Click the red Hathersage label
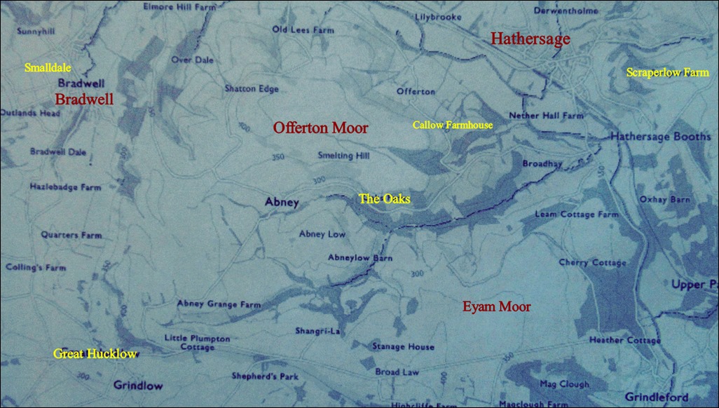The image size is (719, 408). click(x=530, y=39)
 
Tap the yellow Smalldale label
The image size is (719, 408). click(x=48, y=68)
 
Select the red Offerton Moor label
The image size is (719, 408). click(x=320, y=128)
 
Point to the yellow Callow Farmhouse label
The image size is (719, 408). click(x=452, y=125)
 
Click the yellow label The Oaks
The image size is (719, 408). click(x=384, y=199)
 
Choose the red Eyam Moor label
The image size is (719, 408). click(x=496, y=306)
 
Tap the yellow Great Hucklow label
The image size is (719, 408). click(x=95, y=353)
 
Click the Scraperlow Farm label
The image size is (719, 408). click(x=667, y=72)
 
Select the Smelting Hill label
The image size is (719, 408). click(x=343, y=156)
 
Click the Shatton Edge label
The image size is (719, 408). click(x=252, y=89)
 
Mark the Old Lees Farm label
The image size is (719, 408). click(x=303, y=30)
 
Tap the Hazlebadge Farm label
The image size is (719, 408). click(x=65, y=187)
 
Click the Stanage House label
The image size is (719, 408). click(x=403, y=346)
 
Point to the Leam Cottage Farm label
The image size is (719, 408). click(x=577, y=214)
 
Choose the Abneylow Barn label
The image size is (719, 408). click(x=360, y=258)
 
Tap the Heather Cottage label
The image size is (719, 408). click(x=624, y=341)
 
